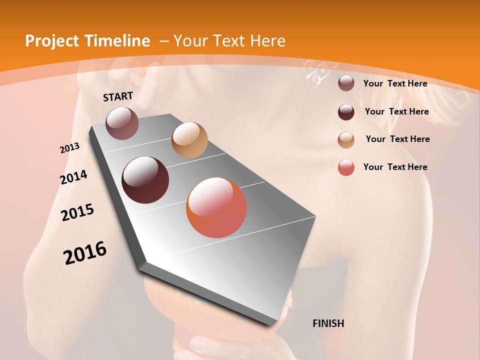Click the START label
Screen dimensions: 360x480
pos(118,96)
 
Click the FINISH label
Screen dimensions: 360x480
pos(328,323)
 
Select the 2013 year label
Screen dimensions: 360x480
pos(70,148)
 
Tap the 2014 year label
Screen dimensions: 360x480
pos(73,177)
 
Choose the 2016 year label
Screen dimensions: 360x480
pos(85,253)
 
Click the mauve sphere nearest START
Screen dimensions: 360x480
pos(122,123)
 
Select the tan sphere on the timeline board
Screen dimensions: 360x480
pos(189,140)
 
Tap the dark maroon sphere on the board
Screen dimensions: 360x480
pos(145,180)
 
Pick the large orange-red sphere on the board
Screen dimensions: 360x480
pos(216,208)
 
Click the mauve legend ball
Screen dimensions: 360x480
pos(346,83)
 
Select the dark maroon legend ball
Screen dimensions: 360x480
pos(346,112)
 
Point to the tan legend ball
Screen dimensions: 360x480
pos(346,140)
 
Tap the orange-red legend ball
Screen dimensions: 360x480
pos(346,167)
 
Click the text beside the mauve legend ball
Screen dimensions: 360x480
pos(395,83)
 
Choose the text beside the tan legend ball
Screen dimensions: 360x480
pos(397,139)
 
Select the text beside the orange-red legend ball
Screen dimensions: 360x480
pos(395,167)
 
